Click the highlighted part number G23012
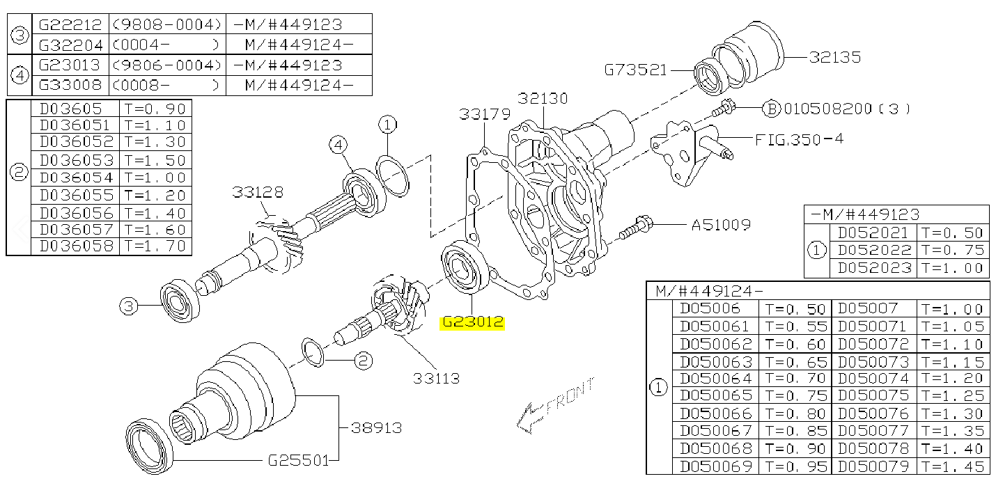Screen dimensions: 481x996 pos(473,323)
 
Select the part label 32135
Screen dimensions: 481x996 pos(834,57)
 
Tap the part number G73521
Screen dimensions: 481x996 pos(635,70)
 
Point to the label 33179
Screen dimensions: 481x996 pos(485,114)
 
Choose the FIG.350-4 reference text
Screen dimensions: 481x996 pos(799,139)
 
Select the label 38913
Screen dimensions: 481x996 pos(377,427)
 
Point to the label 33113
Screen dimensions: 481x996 pos(437,379)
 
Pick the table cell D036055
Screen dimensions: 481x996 pos(75,195)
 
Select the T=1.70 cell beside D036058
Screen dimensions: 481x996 pos(155,246)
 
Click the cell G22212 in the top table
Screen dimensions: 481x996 pos(70,24)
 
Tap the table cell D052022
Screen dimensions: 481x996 pos(874,250)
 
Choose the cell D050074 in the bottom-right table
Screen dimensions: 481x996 pos(873,379)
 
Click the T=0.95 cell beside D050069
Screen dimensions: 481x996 pos(795,466)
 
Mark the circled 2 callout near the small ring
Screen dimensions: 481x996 pos(362,361)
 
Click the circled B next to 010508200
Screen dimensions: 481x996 pos(770,109)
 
